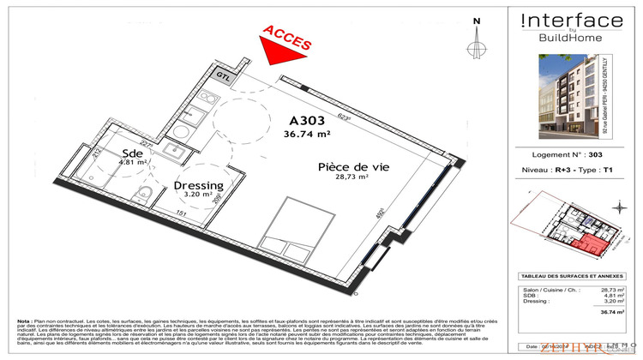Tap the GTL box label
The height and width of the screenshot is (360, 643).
tap(224, 75)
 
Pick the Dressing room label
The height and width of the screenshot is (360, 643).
tap(198, 185)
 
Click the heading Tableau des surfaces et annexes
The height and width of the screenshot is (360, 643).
tap(572, 277)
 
